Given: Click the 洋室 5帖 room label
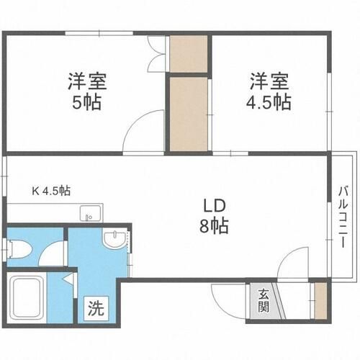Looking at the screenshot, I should click(85, 90).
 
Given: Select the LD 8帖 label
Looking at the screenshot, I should click(215, 215).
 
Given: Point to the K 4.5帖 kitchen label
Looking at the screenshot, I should click(50, 191).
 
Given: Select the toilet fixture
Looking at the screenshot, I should click(19, 250).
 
